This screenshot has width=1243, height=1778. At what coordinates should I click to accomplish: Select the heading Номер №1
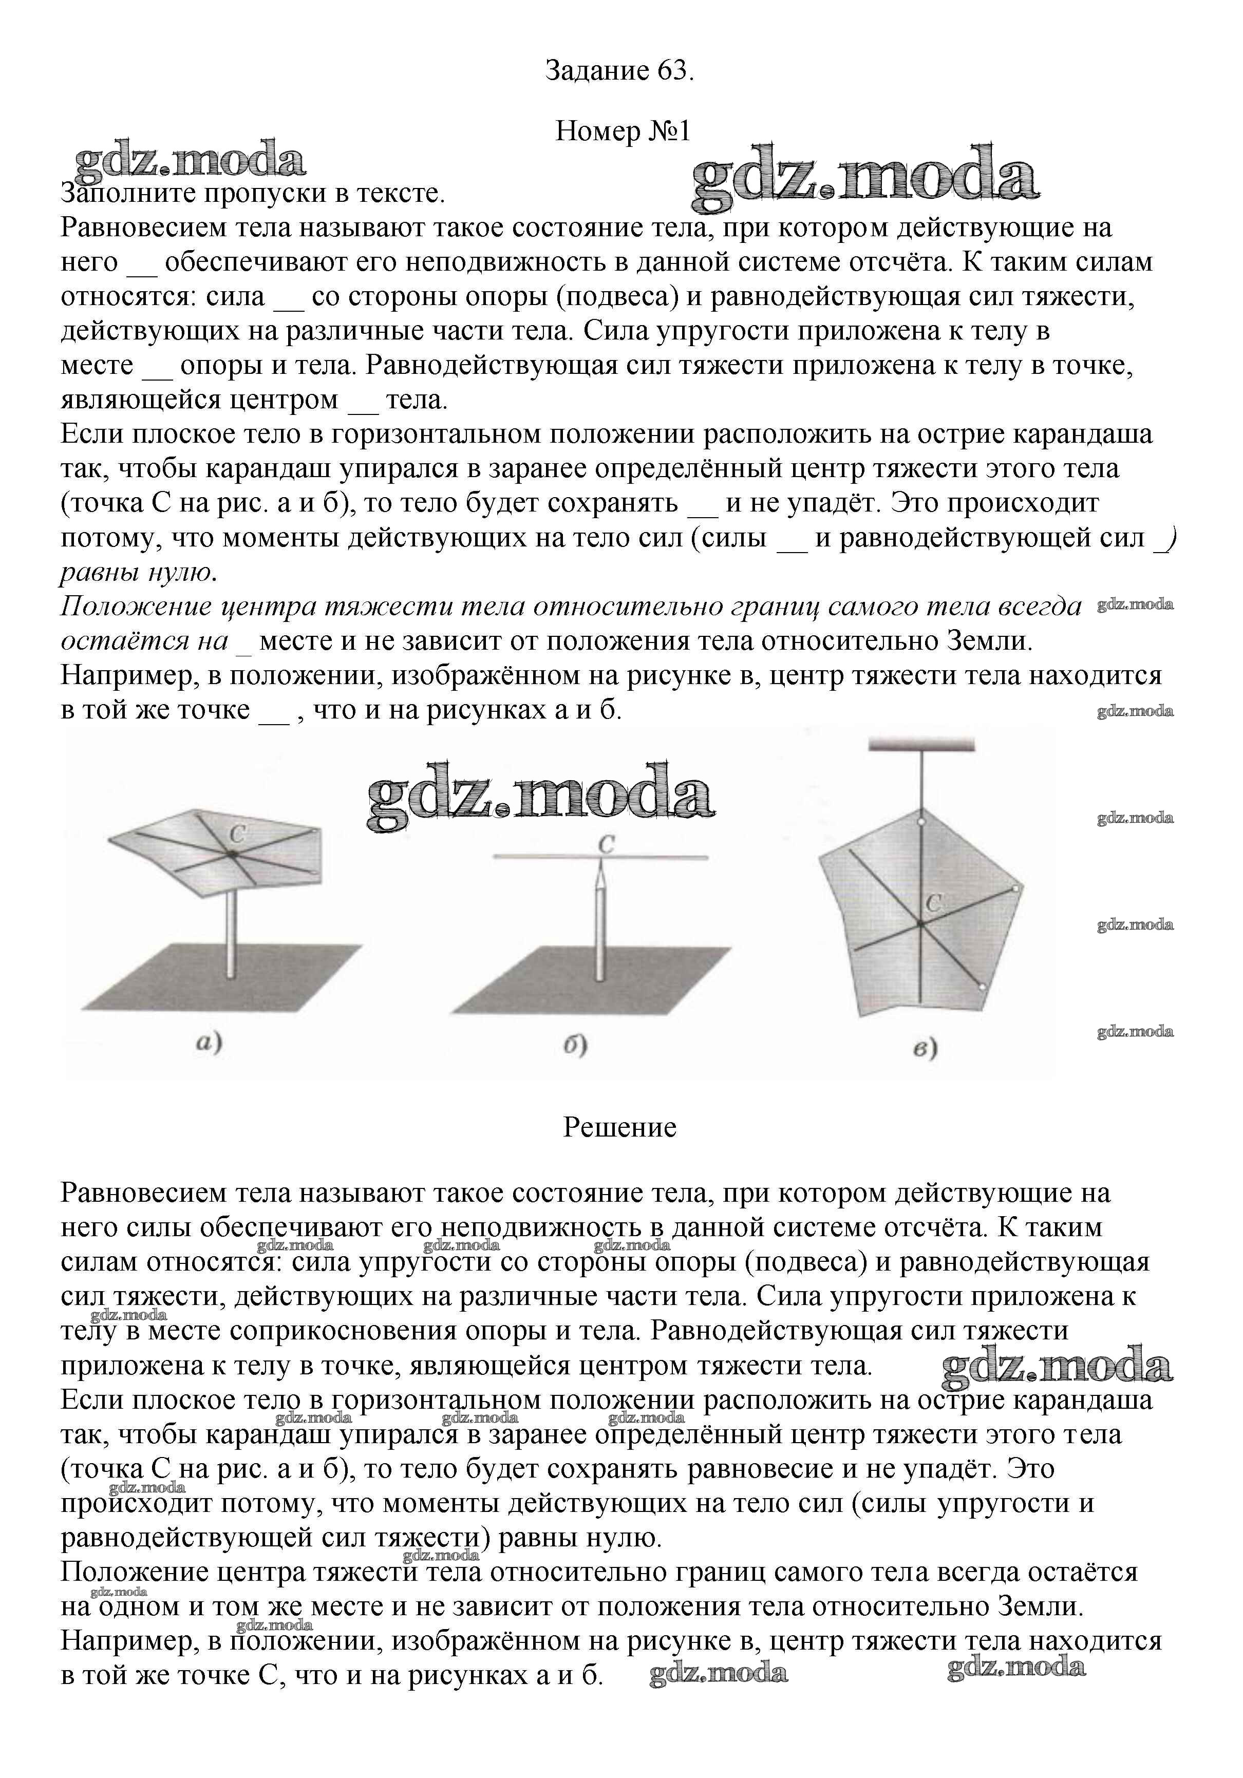pyautogui.click(x=622, y=131)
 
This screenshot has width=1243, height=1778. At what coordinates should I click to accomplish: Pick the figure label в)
pyautogui.click(x=925, y=1049)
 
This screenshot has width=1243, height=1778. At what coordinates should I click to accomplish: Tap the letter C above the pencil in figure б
pyautogui.click(x=606, y=844)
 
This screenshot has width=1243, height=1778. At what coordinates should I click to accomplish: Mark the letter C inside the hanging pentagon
pyautogui.click(x=933, y=903)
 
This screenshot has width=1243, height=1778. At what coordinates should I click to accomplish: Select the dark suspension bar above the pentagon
pyautogui.click(x=921, y=746)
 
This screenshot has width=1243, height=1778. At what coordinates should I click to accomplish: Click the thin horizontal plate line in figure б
pyautogui.click(x=542, y=857)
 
